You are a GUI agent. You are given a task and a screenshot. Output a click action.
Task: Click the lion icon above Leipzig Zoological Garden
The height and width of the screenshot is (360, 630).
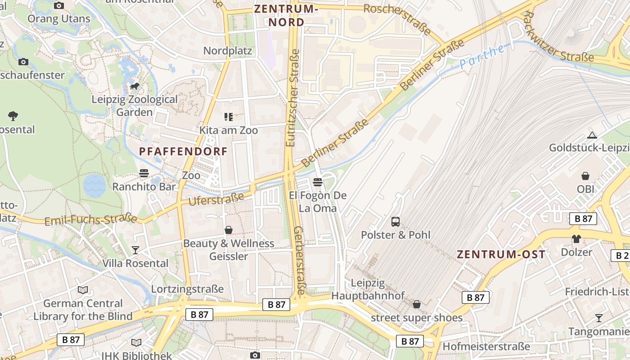134,86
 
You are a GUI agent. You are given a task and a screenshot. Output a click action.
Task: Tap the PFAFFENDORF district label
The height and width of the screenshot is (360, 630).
184,152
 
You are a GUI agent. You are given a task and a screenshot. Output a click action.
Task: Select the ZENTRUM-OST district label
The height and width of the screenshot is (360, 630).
501,254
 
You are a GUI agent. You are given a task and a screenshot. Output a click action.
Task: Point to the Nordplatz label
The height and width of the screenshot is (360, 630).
228,50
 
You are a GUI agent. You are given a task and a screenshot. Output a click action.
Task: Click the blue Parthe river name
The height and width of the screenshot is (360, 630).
482,56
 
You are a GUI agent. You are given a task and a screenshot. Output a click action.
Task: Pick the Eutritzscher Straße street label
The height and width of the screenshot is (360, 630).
292,98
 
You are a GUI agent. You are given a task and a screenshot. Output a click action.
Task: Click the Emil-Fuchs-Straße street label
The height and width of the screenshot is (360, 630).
91,220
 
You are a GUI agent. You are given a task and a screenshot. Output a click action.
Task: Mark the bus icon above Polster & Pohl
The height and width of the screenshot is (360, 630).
396,221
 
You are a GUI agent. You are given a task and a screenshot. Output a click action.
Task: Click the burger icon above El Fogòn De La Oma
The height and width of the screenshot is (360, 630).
318,182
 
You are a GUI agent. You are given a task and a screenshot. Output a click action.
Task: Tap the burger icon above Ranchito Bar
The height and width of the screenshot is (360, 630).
144,173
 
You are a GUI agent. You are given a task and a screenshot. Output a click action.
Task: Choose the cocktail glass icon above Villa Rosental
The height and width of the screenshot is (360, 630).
135,250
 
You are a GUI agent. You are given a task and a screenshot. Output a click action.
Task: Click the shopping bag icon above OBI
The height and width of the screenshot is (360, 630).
585,175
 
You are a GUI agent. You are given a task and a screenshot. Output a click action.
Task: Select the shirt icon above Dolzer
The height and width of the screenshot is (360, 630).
576,238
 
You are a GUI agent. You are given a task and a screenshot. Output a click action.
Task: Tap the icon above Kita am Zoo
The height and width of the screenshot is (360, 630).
229,117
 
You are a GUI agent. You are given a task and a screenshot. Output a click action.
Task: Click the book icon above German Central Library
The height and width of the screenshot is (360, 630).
83,290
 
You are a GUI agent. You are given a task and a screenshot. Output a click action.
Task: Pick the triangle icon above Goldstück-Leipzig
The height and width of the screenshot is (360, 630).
592,135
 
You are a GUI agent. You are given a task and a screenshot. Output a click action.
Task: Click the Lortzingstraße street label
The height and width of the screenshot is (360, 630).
187,289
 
